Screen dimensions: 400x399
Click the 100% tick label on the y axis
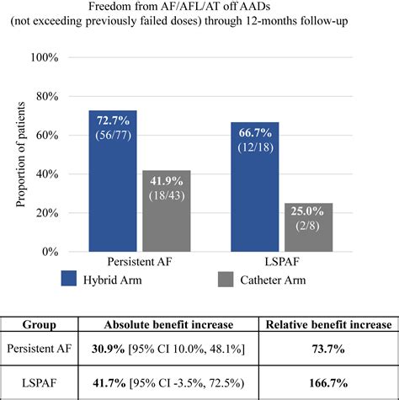pyautogui.click(x=44, y=58)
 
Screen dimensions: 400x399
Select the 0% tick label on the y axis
pyautogui.click(x=50, y=252)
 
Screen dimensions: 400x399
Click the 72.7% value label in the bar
pyautogui.click(x=113, y=121)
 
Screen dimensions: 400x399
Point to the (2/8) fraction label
pyautogui.click(x=308, y=227)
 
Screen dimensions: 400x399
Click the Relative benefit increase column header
pyautogui.click(x=327, y=324)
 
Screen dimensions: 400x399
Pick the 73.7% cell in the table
pyautogui.click(x=327, y=349)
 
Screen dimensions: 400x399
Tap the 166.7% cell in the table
pyautogui.click(x=327, y=381)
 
